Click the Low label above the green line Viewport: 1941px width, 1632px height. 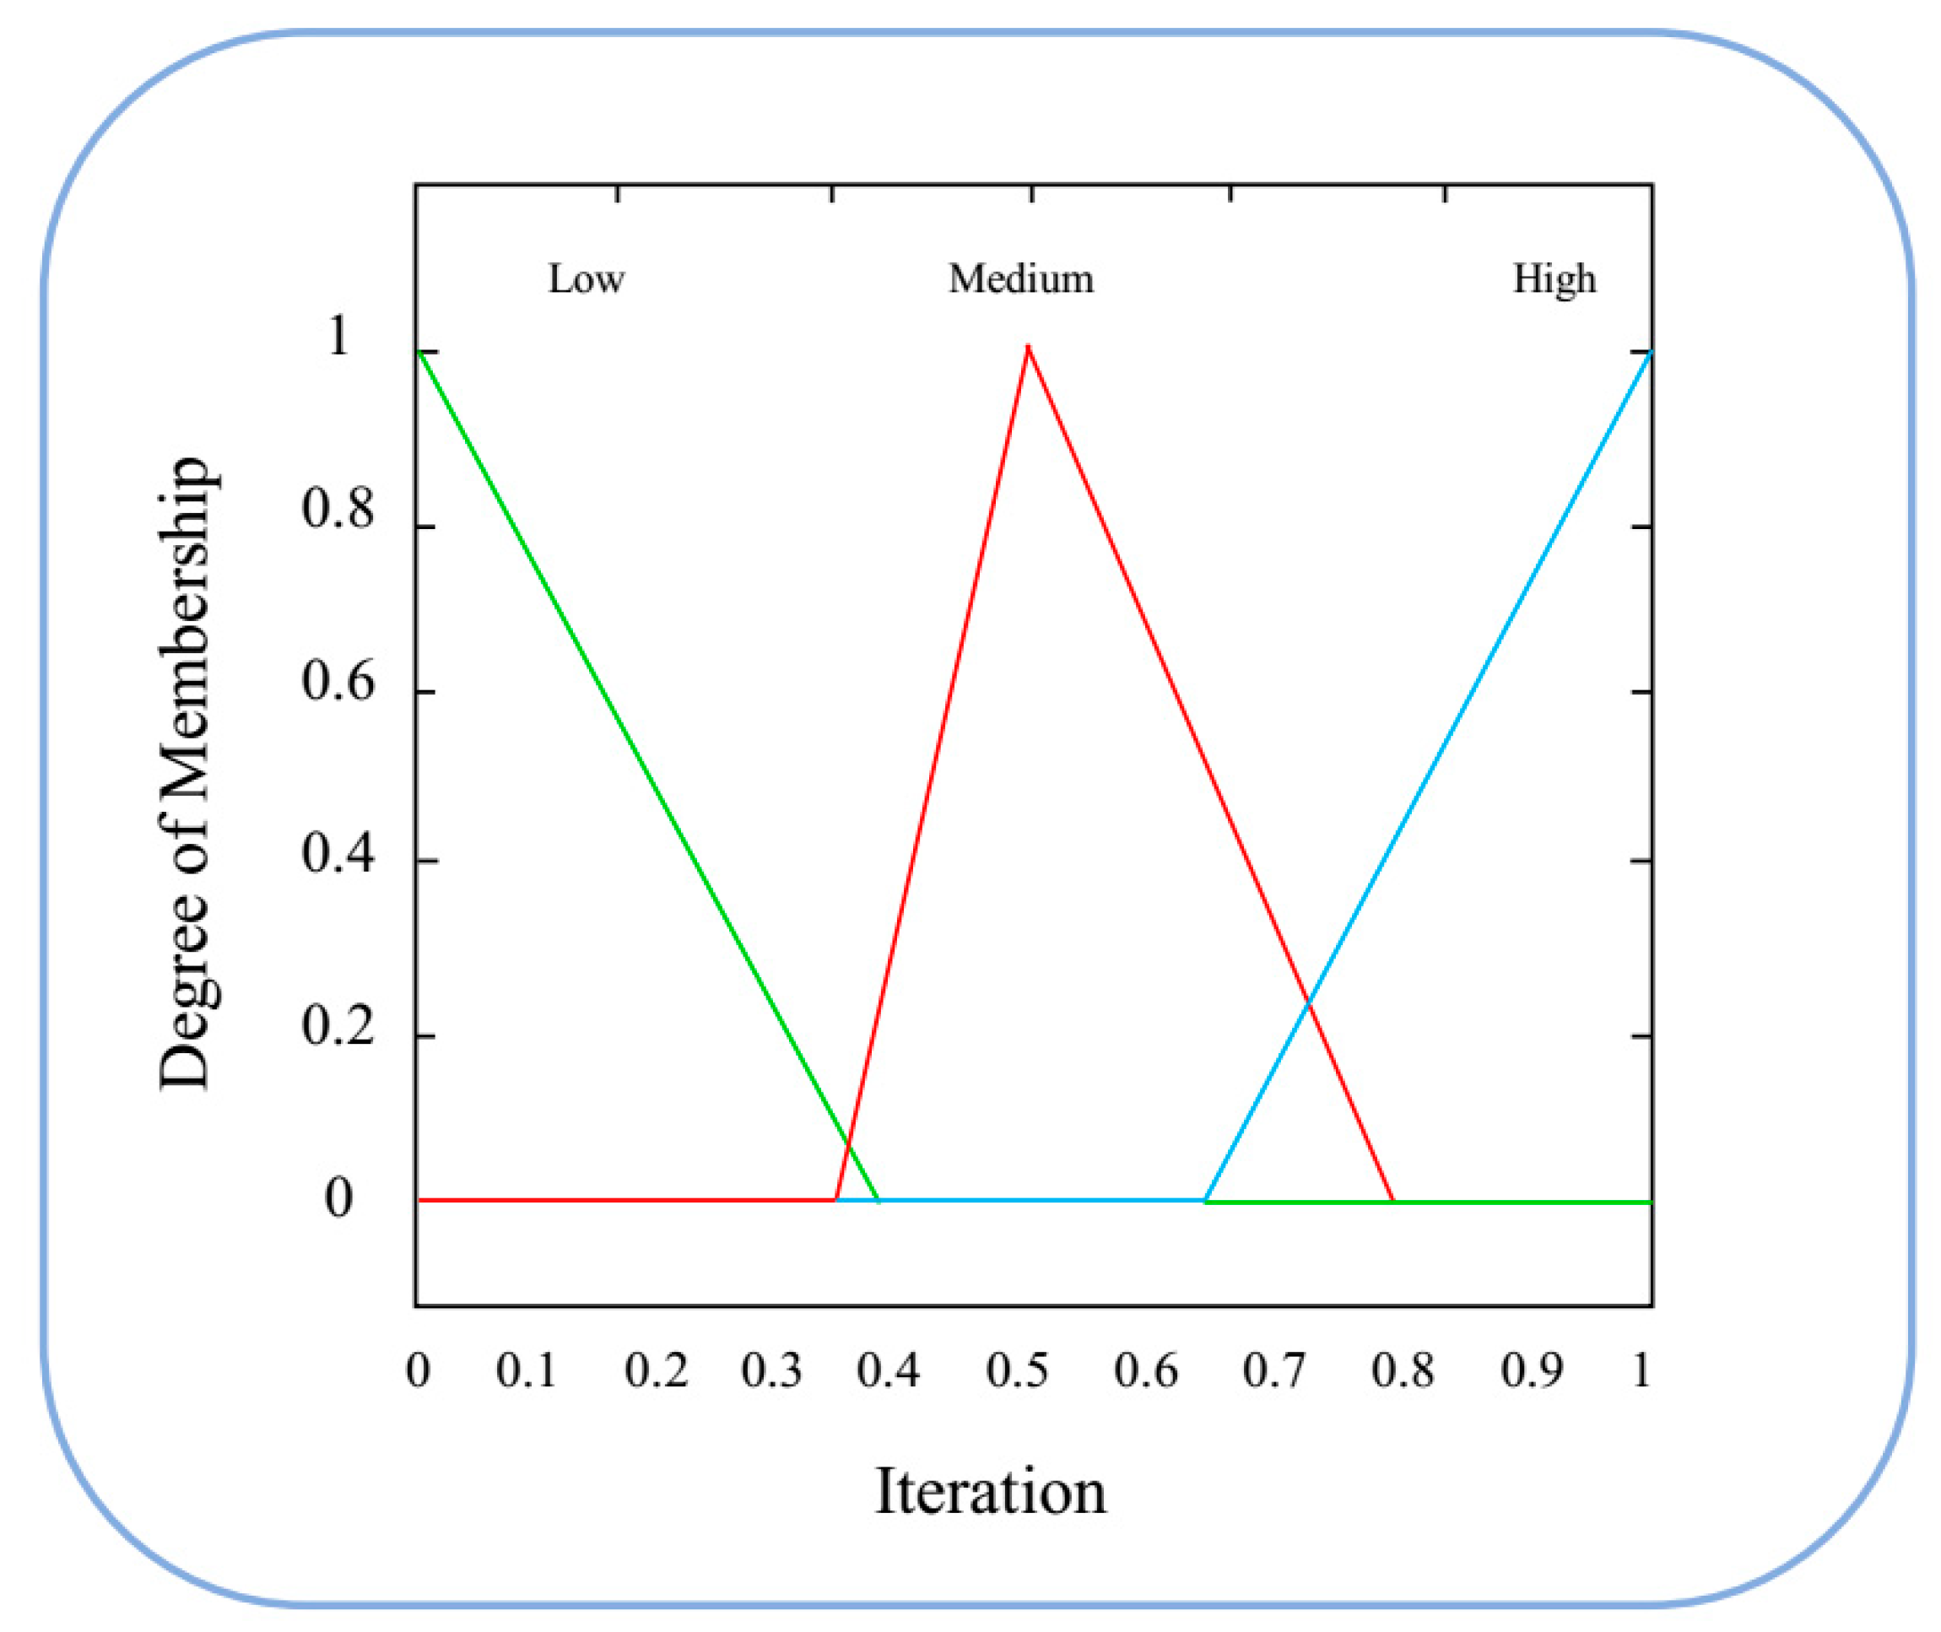click(x=586, y=278)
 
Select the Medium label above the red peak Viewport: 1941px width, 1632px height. click(x=1020, y=278)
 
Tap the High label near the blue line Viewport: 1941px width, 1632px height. click(x=1554, y=278)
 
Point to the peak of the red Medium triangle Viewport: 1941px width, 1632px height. click(x=1028, y=347)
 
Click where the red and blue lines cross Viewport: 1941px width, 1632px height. click(x=1308, y=1001)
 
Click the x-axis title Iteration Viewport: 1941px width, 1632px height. click(x=990, y=1491)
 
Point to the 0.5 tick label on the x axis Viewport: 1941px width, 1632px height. click(x=1017, y=1370)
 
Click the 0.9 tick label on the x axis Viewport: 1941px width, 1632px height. click(x=1532, y=1370)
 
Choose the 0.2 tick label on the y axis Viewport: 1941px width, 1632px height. click(x=338, y=1028)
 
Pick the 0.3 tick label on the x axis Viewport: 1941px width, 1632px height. click(x=770, y=1370)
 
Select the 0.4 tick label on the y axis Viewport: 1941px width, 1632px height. click(x=338, y=854)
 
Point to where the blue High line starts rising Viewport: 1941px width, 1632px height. click(x=1204, y=1201)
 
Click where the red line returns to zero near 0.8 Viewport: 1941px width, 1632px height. click(x=1393, y=1201)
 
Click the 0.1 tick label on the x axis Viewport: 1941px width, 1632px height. click(x=526, y=1370)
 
